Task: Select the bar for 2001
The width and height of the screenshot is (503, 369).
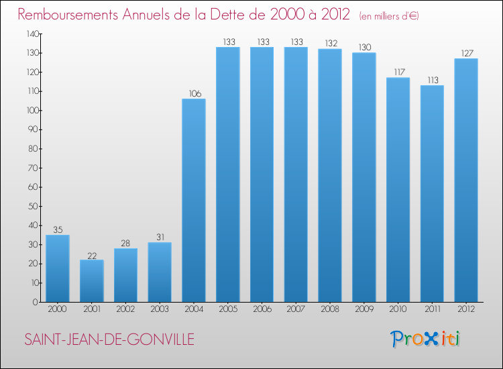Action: pos(92,280)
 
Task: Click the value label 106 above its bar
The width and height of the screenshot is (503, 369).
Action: pos(194,94)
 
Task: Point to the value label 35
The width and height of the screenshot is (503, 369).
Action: pos(58,229)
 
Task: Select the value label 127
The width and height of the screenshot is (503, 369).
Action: pos(466,54)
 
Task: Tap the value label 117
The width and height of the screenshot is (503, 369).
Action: pos(398,72)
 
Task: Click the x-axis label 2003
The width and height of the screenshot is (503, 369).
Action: pos(160,309)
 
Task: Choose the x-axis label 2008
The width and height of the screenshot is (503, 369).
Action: pos(330,309)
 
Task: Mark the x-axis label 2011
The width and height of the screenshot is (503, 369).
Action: pos(432,309)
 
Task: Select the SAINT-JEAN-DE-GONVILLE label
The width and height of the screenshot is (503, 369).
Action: pos(109,340)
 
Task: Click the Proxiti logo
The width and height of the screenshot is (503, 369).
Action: pos(426,339)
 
